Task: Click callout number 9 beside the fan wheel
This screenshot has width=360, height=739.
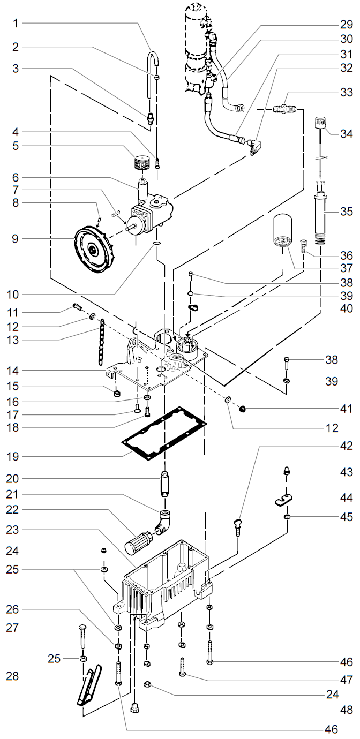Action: pyautogui.click(x=16, y=238)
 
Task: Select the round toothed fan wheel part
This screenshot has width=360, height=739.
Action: pyautogui.click(x=94, y=248)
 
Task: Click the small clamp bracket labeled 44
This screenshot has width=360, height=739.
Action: pyautogui.click(x=283, y=501)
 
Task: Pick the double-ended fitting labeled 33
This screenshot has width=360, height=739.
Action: pyautogui.click(x=284, y=109)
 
